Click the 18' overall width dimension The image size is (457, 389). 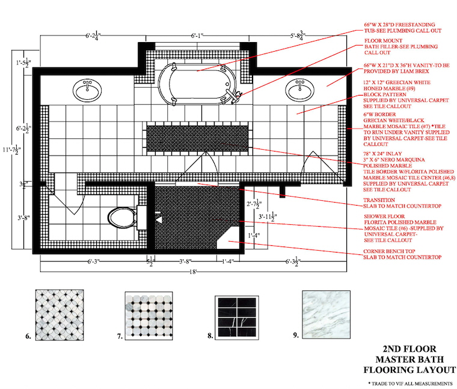[x=195, y=272]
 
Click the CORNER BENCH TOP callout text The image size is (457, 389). [x=391, y=251]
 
